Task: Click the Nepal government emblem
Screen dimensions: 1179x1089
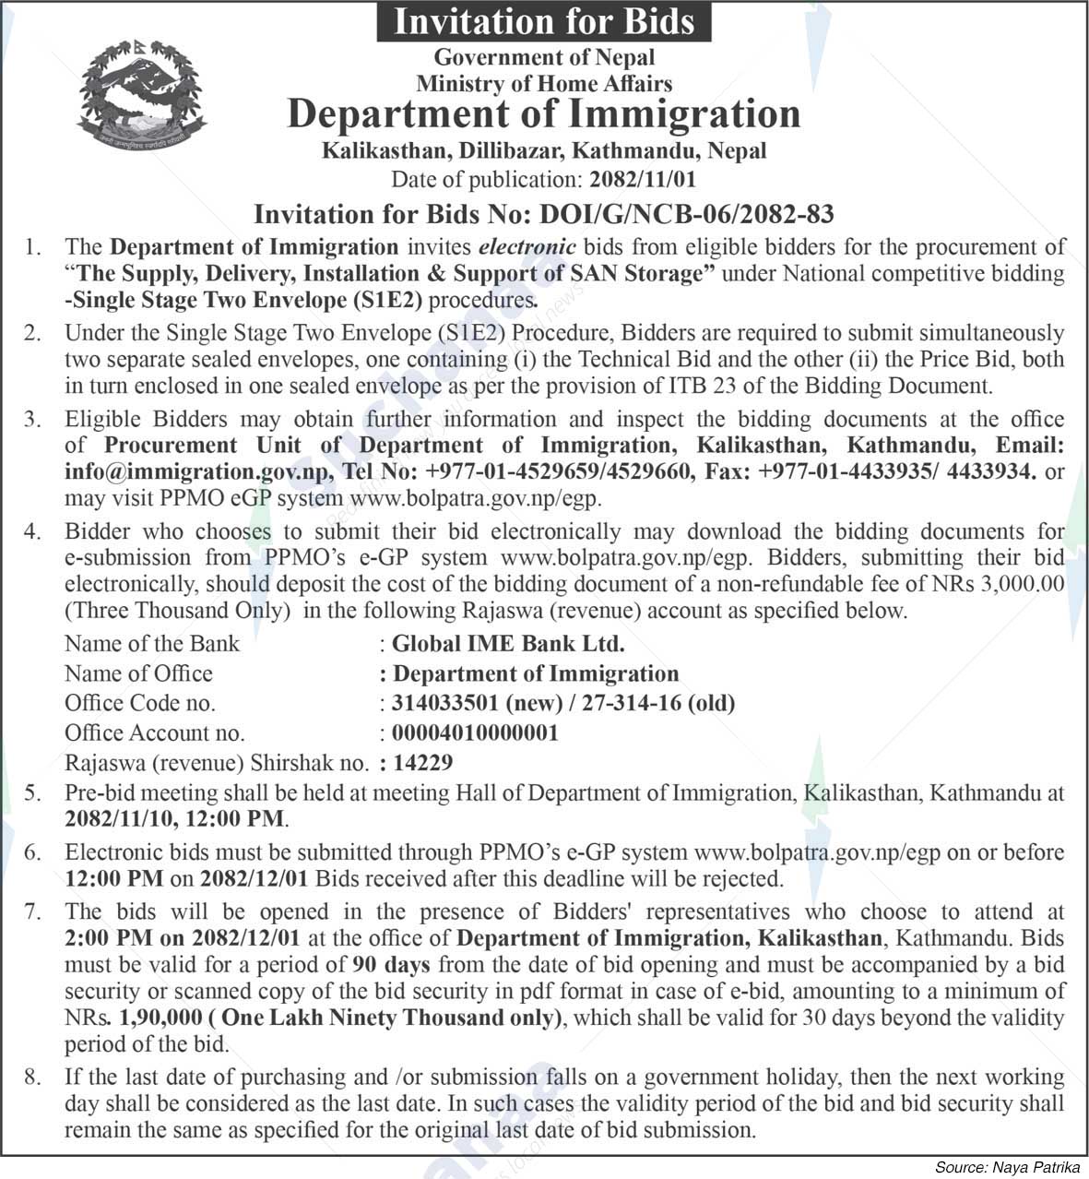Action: point(140,95)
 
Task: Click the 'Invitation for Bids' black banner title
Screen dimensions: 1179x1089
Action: point(544,21)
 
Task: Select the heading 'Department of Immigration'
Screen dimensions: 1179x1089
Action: point(544,114)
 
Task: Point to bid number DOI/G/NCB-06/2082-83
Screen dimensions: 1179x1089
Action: point(686,215)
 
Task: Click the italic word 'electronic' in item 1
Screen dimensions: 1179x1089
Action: point(527,247)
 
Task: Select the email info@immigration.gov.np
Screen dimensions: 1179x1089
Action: point(197,471)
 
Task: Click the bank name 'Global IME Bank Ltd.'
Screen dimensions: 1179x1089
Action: point(508,644)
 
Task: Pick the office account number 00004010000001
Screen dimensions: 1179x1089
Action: point(475,733)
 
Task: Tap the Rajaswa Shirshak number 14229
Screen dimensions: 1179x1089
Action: point(423,764)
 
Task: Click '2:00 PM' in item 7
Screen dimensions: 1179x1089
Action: point(103,939)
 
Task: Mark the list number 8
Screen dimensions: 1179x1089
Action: point(33,1078)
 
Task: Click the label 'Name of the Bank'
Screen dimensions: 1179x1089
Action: point(151,644)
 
